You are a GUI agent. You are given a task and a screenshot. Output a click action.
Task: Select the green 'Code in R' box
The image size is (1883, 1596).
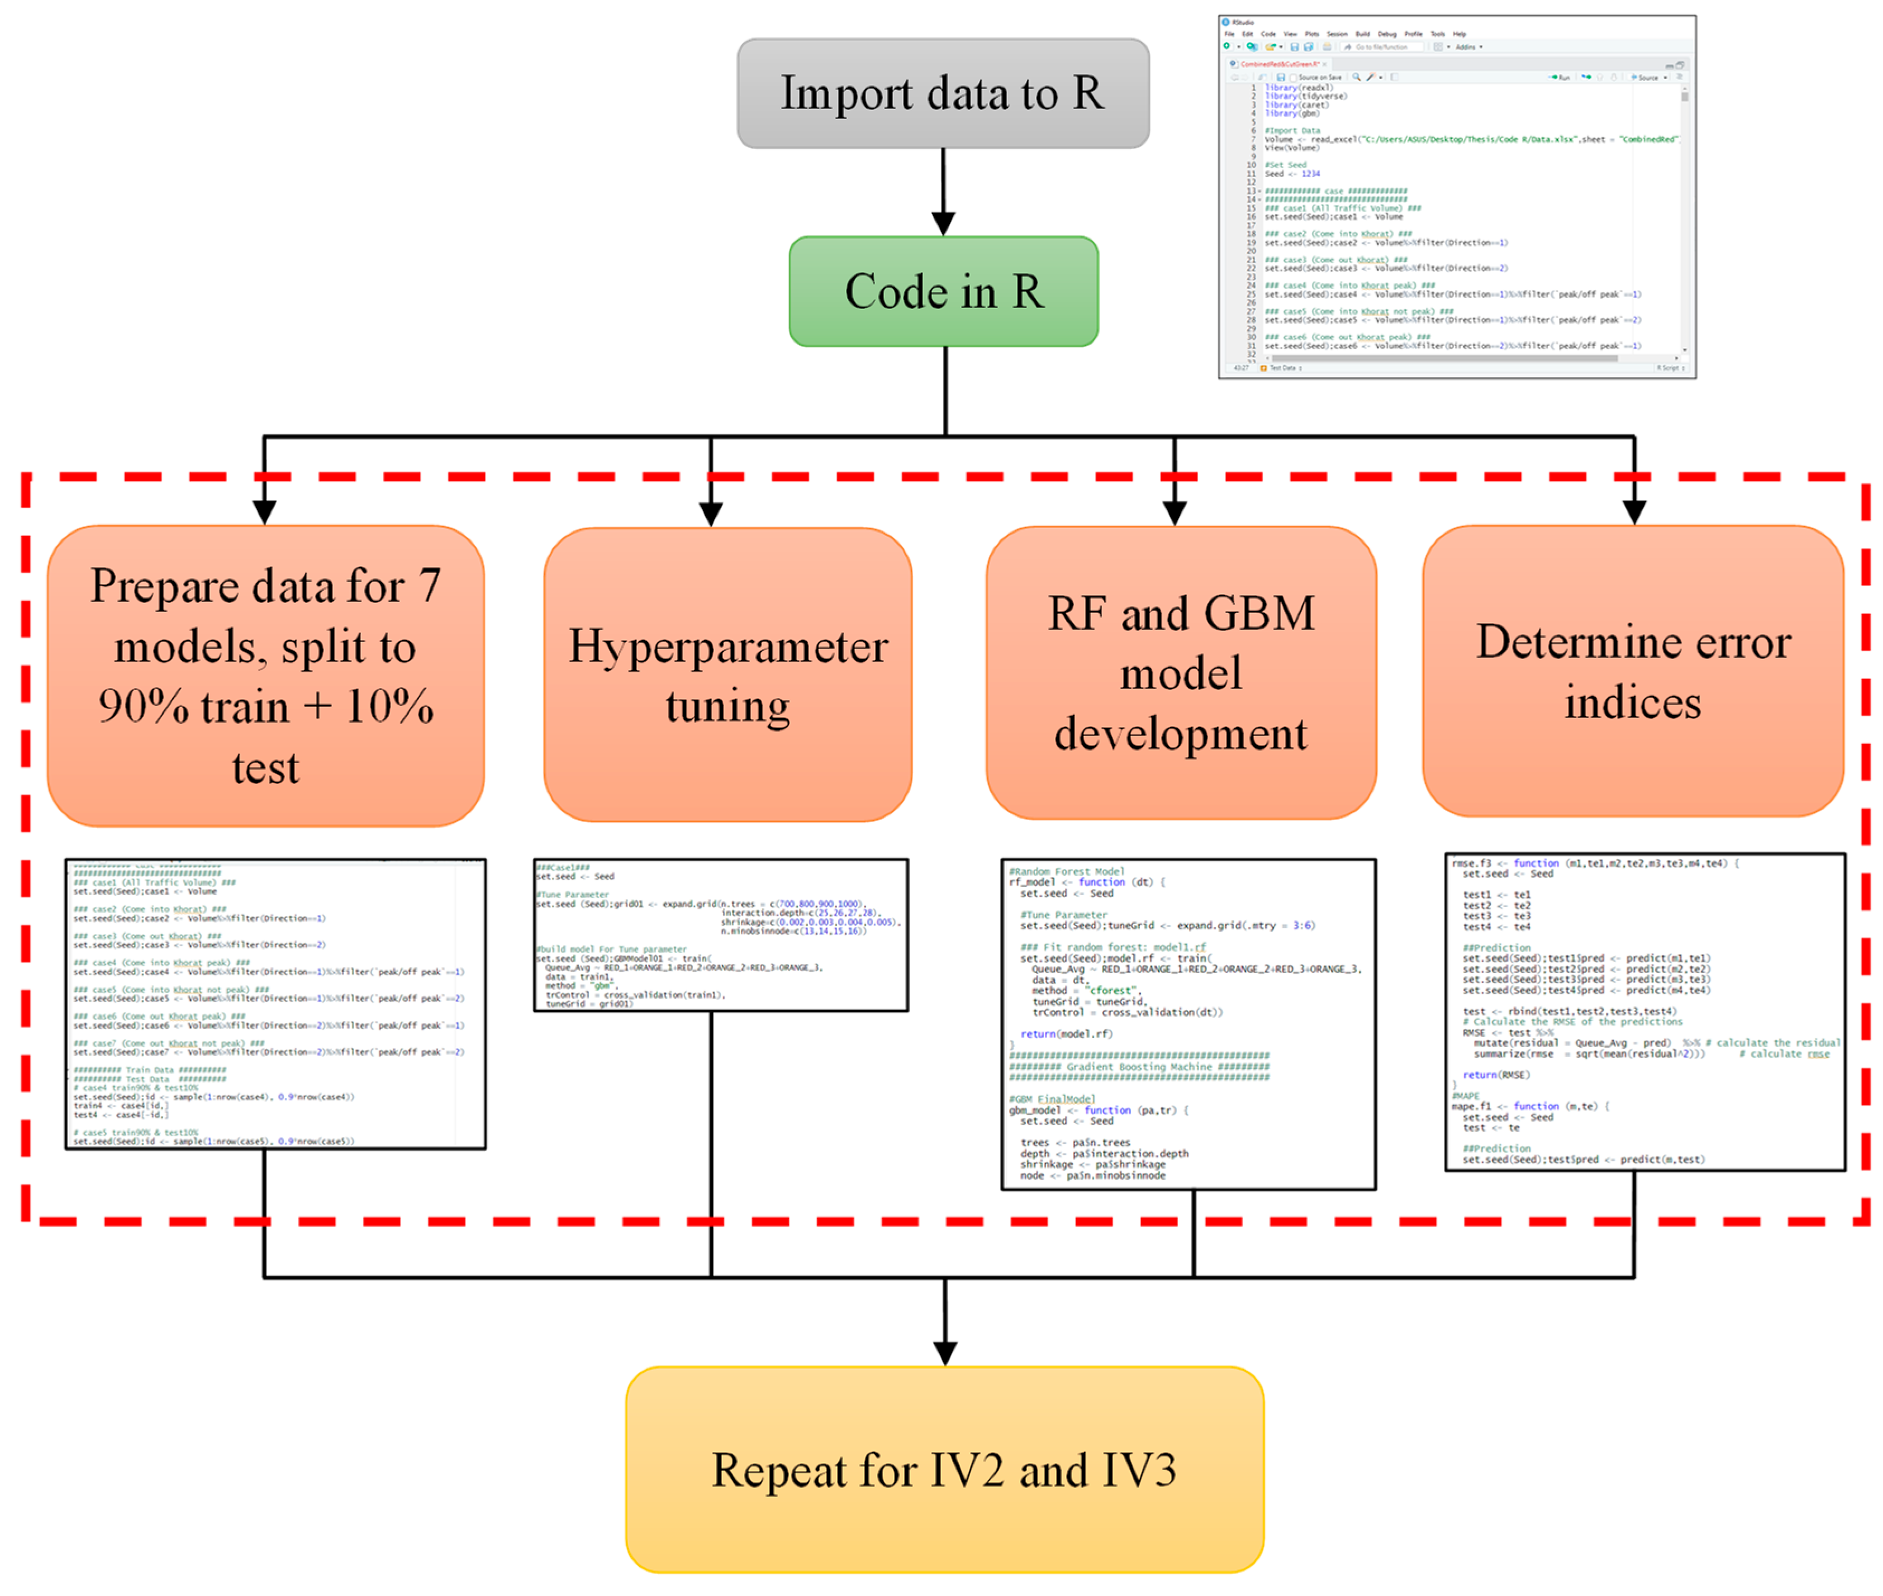943,291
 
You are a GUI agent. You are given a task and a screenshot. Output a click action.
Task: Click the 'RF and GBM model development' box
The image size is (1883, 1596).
1180,673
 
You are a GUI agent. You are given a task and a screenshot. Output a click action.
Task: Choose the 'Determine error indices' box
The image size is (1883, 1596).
1633,671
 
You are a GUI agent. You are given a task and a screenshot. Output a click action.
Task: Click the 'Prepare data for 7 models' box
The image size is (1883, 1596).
265,676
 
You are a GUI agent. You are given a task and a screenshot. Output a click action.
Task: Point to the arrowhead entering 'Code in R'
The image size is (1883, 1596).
943,224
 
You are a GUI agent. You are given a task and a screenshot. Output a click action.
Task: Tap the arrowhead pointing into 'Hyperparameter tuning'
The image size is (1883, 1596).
710,514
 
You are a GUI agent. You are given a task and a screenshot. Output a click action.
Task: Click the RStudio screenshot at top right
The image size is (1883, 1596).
1456,196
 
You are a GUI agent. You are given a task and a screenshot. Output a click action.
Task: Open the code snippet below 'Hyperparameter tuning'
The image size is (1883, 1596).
720,934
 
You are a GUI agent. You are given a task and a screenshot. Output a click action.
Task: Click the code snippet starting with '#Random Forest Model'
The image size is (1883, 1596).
1187,1023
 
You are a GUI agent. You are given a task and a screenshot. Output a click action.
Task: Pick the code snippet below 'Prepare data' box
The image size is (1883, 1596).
275,1004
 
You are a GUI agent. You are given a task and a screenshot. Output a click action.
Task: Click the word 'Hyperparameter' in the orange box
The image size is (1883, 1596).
727,646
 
